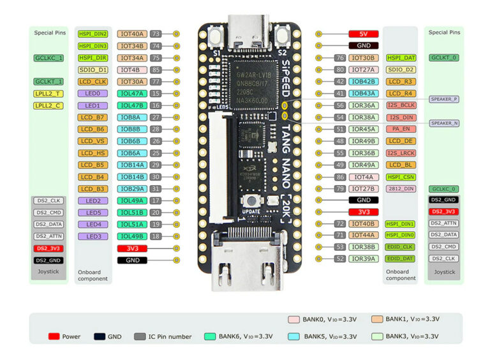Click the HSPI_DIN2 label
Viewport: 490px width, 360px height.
click(93, 34)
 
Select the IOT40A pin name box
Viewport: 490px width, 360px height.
click(132, 34)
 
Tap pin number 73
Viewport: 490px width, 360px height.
click(155, 34)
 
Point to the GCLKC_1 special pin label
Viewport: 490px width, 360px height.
click(48, 57)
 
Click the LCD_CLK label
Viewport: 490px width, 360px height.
click(93, 82)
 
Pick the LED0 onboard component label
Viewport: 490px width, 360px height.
click(93, 94)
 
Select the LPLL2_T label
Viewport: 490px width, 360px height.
click(48, 94)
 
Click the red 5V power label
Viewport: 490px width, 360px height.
click(364, 34)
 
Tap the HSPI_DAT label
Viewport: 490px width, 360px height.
click(401, 57)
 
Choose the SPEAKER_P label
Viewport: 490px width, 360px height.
click(444, 99)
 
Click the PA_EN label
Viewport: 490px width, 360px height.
click(401, 130)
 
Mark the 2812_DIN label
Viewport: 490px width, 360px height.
click(401, 189)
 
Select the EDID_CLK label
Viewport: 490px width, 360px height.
click(401, 247)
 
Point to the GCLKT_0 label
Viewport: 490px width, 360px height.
click(444, 57)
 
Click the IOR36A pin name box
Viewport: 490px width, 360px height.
click(364, 105)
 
